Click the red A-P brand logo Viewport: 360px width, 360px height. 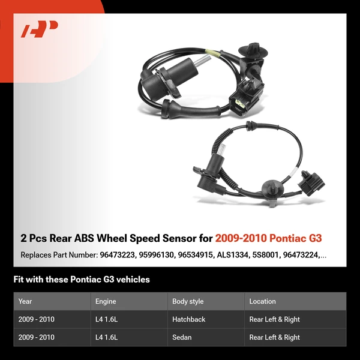39,29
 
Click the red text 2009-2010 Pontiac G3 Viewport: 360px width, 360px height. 271,238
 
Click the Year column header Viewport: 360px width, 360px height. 25,301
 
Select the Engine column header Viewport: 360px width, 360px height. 106,301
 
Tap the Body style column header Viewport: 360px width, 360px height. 188,301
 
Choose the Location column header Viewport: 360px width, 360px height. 262,301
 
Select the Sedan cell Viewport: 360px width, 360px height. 182,337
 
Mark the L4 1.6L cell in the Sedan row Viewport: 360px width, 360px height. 107,337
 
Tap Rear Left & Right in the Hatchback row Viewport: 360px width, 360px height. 274,319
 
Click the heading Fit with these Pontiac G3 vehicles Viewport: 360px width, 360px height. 82,280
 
